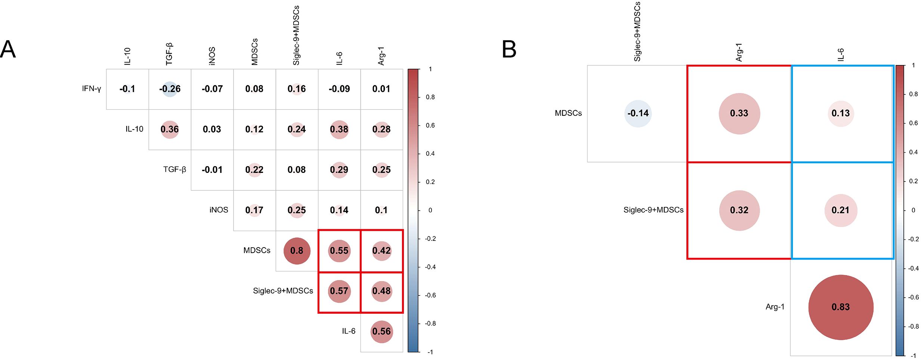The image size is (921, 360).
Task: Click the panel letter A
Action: tap(8, 49)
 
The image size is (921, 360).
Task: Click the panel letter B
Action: tap(509, 49)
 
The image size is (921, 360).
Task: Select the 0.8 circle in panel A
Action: tap(297, 251)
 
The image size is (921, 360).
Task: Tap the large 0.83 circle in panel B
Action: tap(841, 307)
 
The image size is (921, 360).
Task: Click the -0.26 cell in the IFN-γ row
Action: tap(170, 89)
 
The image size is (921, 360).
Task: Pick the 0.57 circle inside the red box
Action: tap(339, 291)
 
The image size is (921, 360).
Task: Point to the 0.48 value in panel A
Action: tap(381, 291)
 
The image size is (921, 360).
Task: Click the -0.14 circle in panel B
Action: tap(638, 113)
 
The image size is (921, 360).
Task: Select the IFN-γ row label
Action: tap(92, 89)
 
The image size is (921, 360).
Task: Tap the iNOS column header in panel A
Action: tap(212, 56)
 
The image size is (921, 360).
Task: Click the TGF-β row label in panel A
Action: tap(174, 170)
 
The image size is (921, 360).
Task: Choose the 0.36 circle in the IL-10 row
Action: tap(170, 129)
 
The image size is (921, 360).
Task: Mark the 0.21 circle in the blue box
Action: tap(841, 210)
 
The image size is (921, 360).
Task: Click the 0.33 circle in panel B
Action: tap(739, 113)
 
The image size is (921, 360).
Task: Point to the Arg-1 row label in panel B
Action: tap(775, 307)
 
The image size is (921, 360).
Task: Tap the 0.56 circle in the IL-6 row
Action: tap(381, 331)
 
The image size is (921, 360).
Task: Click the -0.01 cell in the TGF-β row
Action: tap(212, 170)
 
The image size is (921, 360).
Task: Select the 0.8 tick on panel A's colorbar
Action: tap(430, 97)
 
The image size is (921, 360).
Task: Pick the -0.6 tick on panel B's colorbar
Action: tap(914, 297)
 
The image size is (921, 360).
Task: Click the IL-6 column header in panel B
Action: tap(840, 55)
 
